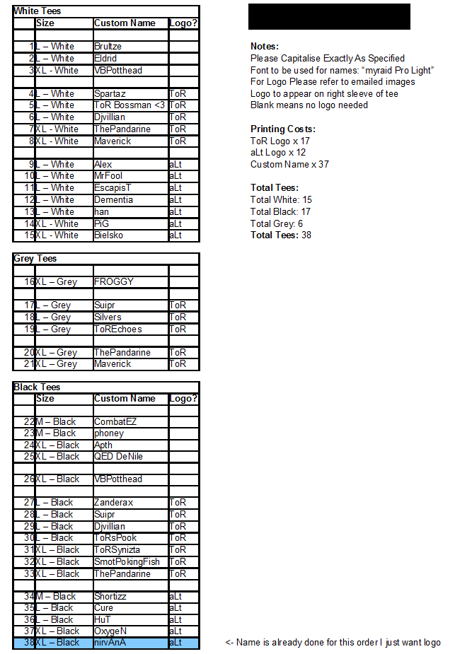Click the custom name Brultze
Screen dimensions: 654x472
108,47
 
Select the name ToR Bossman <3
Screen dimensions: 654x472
129,105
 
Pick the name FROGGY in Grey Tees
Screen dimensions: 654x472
113,282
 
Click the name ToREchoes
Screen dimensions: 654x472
117,329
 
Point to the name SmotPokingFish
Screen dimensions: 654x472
127,562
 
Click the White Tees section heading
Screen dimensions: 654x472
38,11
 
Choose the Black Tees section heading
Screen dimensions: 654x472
37,387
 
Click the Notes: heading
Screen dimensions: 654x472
265,47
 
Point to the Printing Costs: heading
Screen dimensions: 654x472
283,129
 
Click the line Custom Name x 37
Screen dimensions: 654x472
289,165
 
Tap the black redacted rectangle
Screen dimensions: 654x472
329,16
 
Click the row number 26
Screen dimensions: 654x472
29,479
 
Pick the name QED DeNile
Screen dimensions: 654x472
118,457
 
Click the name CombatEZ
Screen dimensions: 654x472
115,422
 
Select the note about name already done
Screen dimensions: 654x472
333,643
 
